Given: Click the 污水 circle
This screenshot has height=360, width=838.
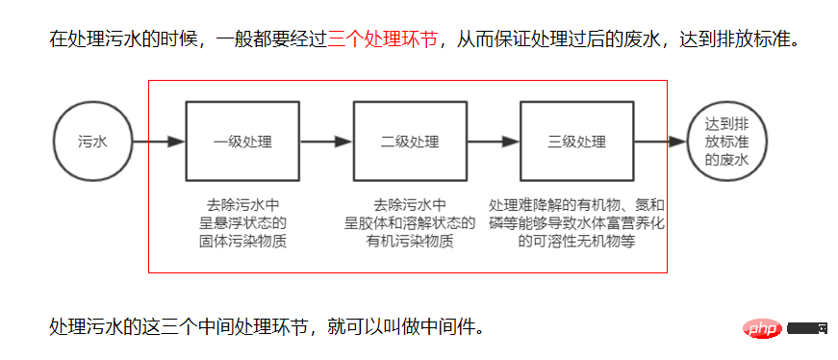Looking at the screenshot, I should (92, 142).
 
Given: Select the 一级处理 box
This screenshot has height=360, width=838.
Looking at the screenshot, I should (242, 142).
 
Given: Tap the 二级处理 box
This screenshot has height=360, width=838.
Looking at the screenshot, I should (410, 142).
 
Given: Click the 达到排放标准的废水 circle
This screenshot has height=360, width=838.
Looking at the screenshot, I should (726, 142).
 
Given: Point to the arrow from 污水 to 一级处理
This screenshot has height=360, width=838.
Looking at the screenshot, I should (159, 142).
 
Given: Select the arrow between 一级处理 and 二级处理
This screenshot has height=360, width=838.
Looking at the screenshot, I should (326, 142).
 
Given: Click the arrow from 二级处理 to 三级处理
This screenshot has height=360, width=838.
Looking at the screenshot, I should (493, 142).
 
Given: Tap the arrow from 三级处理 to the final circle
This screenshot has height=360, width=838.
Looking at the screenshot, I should (659, 142).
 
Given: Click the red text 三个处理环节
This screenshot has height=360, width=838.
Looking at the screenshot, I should (383, 40).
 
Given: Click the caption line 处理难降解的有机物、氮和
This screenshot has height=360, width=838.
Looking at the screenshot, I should (576, 206).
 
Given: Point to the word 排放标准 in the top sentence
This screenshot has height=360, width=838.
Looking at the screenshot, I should (754, 40).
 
